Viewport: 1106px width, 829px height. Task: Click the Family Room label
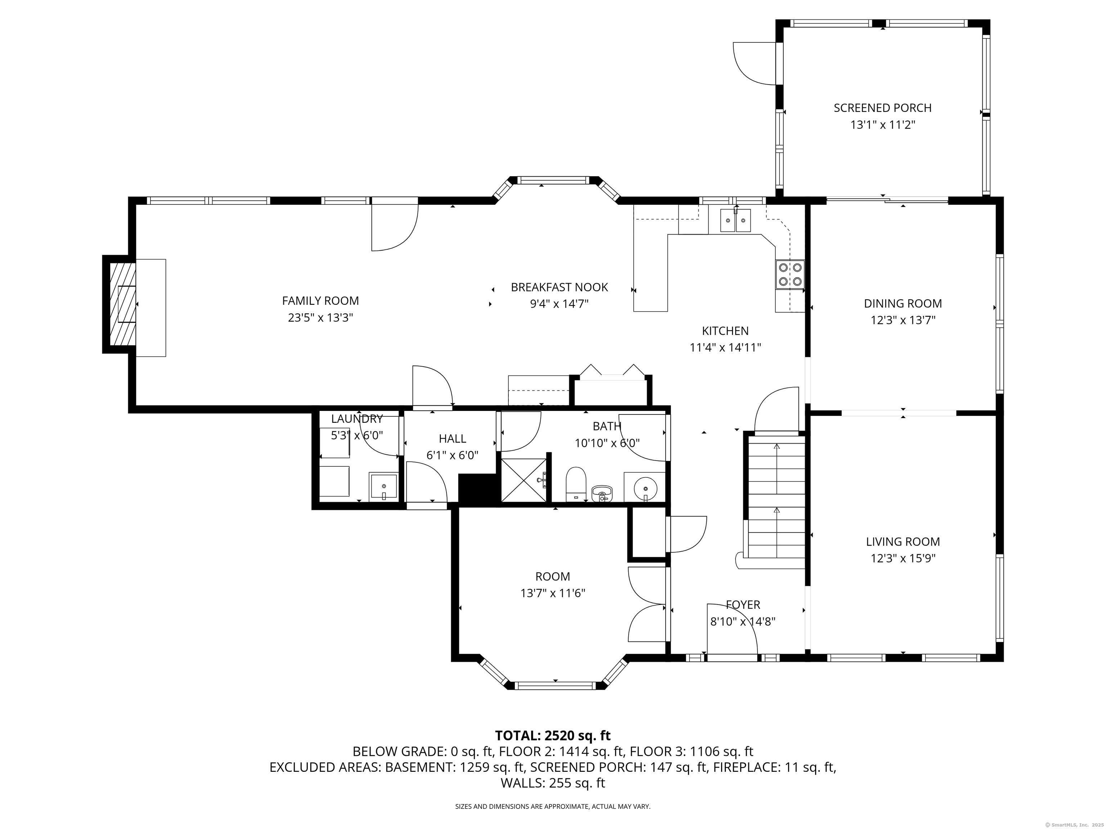(320, 301)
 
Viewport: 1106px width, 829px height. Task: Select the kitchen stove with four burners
(790, 275)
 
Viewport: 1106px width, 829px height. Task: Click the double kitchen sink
(736, 220)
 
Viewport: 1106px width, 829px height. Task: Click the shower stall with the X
(523, 480)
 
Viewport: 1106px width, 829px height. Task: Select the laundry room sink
(383, 486)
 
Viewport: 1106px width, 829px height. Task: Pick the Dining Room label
(903, 303)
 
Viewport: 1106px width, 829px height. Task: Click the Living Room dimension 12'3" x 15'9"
(903, 558)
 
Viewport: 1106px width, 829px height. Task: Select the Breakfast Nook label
(559, 287)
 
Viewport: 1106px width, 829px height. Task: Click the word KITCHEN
(725, 331)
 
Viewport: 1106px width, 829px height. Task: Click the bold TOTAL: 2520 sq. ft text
(553, 735)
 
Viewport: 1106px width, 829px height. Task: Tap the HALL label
(453, 439)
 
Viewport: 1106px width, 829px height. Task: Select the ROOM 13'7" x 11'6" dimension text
(553, 593)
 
